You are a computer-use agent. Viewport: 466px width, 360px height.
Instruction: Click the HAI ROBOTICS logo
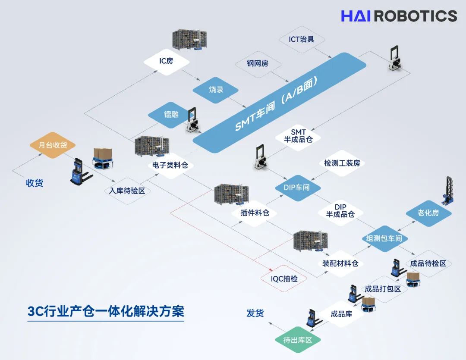[399, 16]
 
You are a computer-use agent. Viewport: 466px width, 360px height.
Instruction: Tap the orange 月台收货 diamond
[53, 145]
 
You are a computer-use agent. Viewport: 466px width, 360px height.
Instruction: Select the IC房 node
[166, 61]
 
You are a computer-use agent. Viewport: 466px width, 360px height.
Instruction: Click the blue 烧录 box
[215, 90]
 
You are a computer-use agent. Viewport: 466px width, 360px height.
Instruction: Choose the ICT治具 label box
[301, 39]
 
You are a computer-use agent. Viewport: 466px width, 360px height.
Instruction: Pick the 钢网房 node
[258, 63]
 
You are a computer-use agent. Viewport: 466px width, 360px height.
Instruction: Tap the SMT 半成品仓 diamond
[298, 135]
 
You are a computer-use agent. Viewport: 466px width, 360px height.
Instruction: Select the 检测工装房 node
[342, 163]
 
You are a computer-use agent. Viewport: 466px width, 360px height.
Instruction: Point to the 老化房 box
[428, 213]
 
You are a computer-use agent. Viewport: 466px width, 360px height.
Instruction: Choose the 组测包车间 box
[384, 238]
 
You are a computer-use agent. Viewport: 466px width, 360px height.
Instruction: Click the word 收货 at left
[34, 183]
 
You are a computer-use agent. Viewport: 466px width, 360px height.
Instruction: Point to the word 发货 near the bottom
[255, 313]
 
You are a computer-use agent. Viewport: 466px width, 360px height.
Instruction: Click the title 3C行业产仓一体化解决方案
[106, 311]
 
